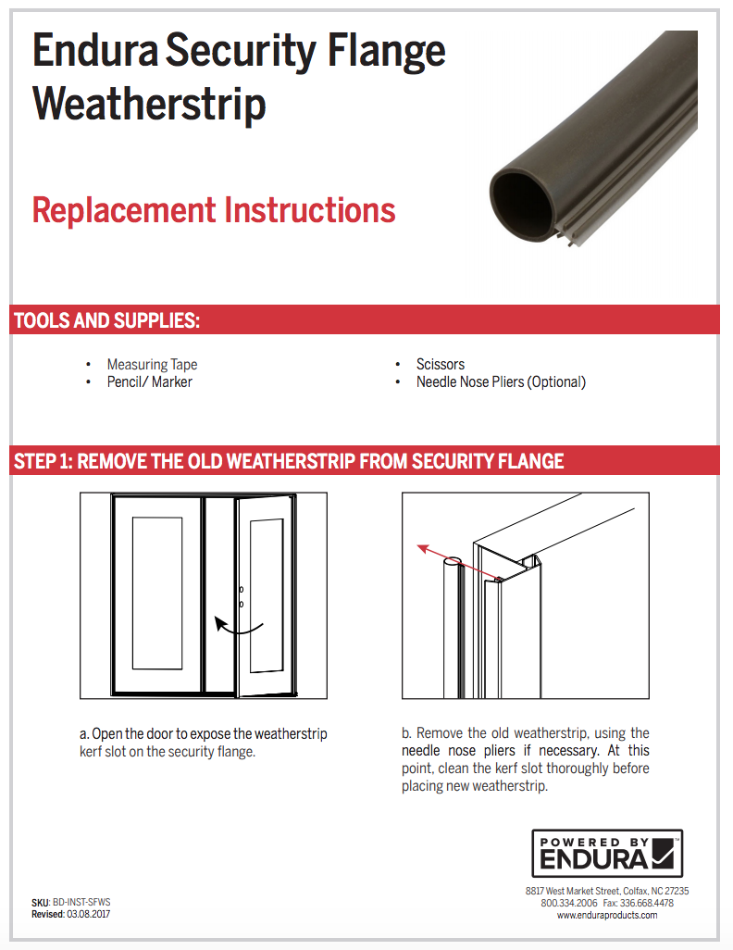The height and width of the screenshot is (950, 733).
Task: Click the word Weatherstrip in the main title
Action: tap(149, 104)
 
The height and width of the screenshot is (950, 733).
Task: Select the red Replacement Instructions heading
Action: tap(214, 210)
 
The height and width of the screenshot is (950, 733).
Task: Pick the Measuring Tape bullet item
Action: tap(152, 365)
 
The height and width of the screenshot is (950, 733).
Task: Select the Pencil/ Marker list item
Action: tap(149, 381)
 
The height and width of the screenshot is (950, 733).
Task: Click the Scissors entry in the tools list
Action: tap(440, 365)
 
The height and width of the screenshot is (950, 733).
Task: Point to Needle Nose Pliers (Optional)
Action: tap(501, 381)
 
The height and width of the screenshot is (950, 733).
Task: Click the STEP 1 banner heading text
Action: tap(289, 461)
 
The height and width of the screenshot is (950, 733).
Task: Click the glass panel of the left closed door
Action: tap(156, 593)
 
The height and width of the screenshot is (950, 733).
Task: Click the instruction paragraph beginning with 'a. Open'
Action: tap(204, 743)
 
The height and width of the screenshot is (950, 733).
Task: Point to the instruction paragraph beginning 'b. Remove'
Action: tap(526, 759)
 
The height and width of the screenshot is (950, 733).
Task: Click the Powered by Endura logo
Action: tap(607, 853)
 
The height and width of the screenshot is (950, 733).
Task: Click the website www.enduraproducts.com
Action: tap(607, 915)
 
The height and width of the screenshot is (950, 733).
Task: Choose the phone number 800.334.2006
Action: tap(568, 903)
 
